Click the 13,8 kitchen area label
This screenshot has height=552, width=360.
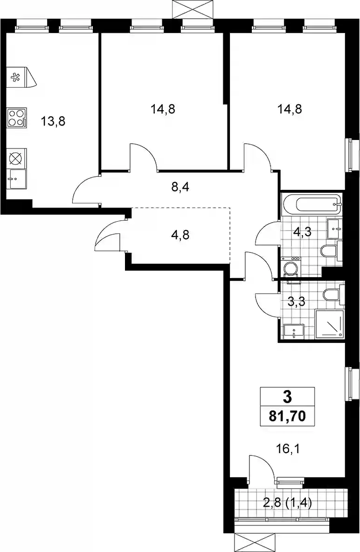53,121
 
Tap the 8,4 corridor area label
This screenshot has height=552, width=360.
180,187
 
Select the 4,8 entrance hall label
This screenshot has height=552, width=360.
180,234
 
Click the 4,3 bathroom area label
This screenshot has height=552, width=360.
302,232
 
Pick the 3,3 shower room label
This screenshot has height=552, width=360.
296,302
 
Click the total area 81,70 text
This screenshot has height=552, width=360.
287,416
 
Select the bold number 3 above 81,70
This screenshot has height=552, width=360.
288,397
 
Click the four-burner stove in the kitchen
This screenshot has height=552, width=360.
16,118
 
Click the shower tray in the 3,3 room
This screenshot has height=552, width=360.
329,323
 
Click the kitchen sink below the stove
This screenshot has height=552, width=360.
16,179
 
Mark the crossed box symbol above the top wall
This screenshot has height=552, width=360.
193,9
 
